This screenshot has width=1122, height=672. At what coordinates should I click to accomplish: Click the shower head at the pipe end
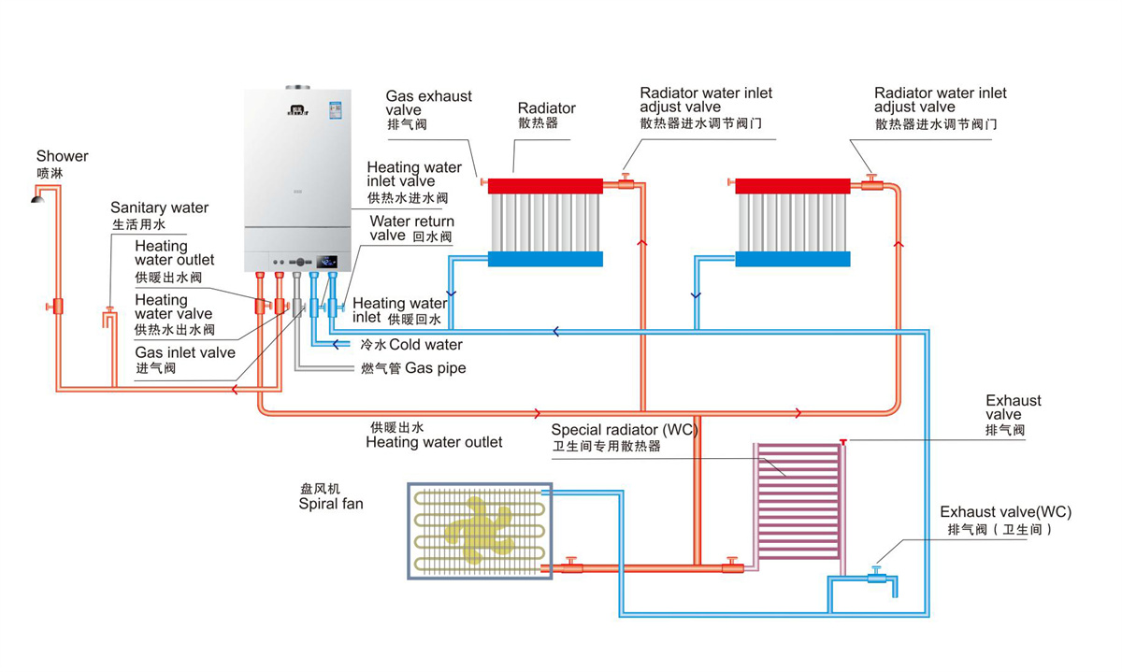pyautogui.click(x=38, y=196)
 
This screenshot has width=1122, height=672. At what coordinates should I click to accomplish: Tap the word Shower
pyautogui.click(x=63, y=156)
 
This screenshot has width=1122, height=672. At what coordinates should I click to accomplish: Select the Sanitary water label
pyautogui.click(x=159, y=207)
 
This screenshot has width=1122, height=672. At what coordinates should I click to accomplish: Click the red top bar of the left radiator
pyautogui.click(x=545, y=186)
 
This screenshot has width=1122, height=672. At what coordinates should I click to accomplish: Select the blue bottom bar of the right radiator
pyautogui.click(x=793, y=259)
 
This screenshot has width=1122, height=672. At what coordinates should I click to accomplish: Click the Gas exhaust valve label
pyautogui.click(x=428, y=103)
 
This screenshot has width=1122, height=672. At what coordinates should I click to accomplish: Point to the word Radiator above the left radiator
pyautogui.click(x=547, y=108)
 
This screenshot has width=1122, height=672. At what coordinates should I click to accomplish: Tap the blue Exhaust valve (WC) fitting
pyautogui.click(x=876, y=578)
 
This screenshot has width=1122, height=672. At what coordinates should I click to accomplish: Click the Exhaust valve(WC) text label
pyautogui.click(x=1005, y=512)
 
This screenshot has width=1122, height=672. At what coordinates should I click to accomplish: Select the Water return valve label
pyautogui.click(x=411, y=229)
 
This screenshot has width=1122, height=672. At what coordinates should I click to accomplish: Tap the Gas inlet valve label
pyautogui.click(x=185, y=353)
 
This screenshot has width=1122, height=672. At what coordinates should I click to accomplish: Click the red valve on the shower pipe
pyautogui.click(x=58, y=306)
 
